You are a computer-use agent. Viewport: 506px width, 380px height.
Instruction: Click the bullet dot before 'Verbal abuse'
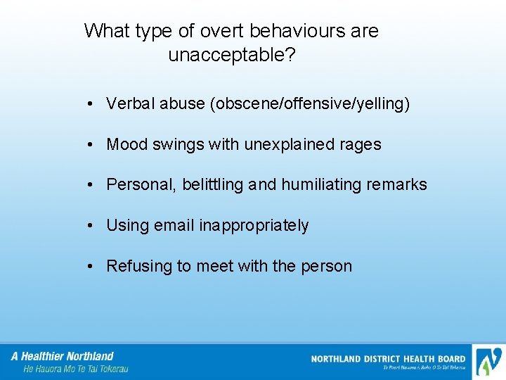(91, 105)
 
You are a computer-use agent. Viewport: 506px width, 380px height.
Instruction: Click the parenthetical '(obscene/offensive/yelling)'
(309, 104)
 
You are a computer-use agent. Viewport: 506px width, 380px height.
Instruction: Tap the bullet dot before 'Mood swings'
(91, 146)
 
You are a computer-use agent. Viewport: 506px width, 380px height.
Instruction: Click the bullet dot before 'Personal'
(91, 186)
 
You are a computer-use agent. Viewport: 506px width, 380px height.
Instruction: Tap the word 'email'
(174, 225)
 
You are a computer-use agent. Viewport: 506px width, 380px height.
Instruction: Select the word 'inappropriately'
(254, 226)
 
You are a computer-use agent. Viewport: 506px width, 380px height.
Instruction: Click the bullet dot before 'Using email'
(91, 226)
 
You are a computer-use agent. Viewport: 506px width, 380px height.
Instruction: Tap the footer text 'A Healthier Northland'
(63, 356)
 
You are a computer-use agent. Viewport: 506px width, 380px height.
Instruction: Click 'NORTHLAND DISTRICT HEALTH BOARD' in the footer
(388, 359)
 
